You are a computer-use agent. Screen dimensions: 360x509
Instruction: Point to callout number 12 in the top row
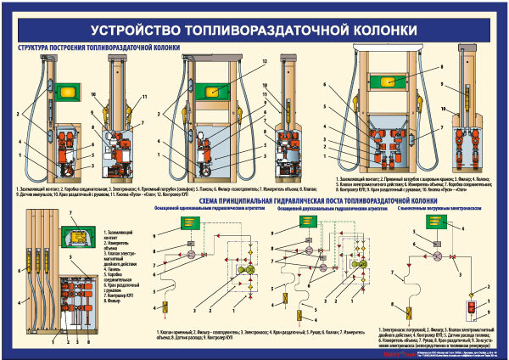[x=265, y=62]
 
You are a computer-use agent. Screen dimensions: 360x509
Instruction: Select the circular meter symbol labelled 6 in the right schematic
[x=437, y=256]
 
